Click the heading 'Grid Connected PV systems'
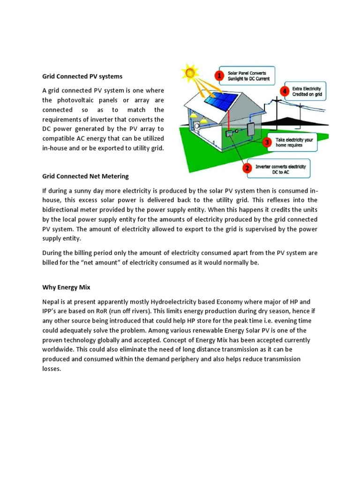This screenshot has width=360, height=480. (82, 76)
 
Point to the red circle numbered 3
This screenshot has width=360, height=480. (267, 142)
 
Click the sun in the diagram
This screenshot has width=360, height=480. (190, 73)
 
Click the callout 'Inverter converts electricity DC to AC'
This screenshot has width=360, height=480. (280, 169)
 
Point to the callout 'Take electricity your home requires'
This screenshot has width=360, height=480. (294, 142)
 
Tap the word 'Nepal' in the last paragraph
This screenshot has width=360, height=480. (51, 301)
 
